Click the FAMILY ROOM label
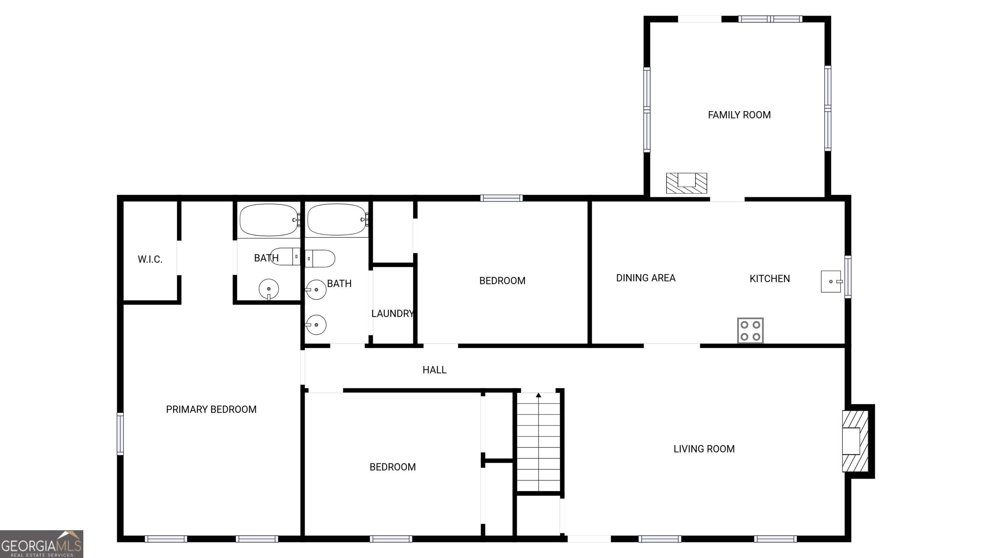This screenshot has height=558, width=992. click(739, 115)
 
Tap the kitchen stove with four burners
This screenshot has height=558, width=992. click(750, 330)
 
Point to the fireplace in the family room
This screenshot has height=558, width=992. click(687, 183)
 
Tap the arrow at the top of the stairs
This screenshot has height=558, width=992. click(538, 395)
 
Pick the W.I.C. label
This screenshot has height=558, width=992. click(150, 259)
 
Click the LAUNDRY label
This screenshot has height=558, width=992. click(392, 314)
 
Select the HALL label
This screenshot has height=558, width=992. click(434, 370)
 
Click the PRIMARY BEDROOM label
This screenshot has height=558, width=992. click(211, 409)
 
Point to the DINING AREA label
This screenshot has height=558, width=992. click(646, 278)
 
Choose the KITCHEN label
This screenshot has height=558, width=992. click(770, 278)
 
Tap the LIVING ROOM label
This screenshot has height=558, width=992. click(704, 449)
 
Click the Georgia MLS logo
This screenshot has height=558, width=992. click(42, 544)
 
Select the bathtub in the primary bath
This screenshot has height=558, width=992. click(269, 220)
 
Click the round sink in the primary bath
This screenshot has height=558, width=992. click(269, 289)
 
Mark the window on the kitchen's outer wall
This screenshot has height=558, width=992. click(848, 276)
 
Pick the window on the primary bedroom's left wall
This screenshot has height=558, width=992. click(120, 434)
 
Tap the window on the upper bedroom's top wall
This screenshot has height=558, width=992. click(501, 198)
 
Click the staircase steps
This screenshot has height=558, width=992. click(538, 443)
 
